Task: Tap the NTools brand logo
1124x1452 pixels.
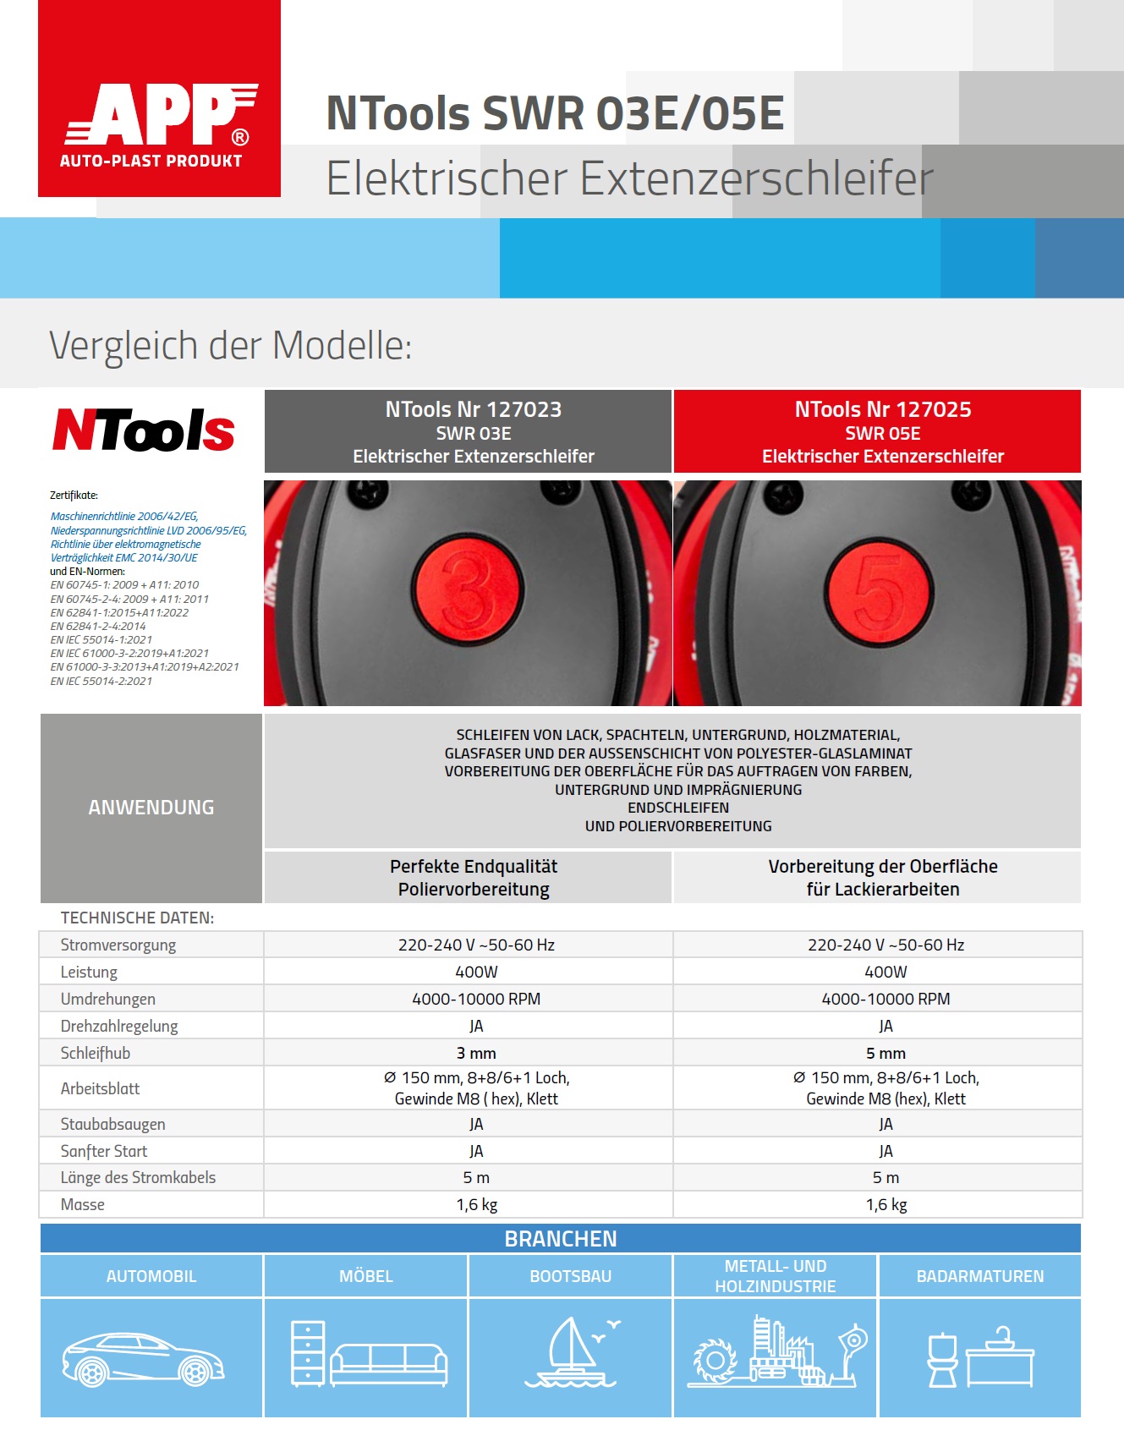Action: (x=144, y=430)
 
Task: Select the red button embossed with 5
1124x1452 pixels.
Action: (x=880, y=589)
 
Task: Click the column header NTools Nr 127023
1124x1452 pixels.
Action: (x=473, y=410)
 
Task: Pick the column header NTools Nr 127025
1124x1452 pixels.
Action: (x=882, y=410)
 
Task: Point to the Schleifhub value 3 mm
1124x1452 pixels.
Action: (x=476, y=1054)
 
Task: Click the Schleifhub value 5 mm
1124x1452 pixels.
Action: (x=885, y=1054)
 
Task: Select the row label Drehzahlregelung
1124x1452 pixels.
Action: (x=119, y=1027)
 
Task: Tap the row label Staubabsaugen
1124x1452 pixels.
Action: (x=112, y=1125)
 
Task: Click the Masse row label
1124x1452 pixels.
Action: (x=83, y=1205)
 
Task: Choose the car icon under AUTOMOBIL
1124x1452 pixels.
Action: (x=143, y=1360)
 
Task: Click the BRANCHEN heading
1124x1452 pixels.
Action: (x=561, y=1239)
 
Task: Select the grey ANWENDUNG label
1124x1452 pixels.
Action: (x=151, y=808)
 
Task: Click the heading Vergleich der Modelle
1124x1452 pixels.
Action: (x=230, y=346)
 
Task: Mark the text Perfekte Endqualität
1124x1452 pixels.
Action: (x=474, y=867)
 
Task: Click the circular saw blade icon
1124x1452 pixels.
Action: (x=716, y=1360)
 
